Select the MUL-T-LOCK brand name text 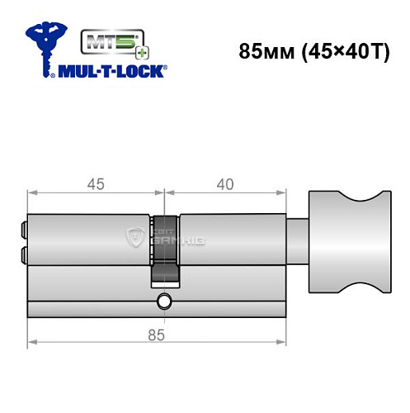click(x=111, y=71)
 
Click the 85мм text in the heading click(x=261, y=50)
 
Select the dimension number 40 click(x=221, y=184)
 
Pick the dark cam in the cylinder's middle click(x=164, y=248)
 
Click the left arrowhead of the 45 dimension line click(x=31, y=194)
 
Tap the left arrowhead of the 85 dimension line click(x=31, y=343)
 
